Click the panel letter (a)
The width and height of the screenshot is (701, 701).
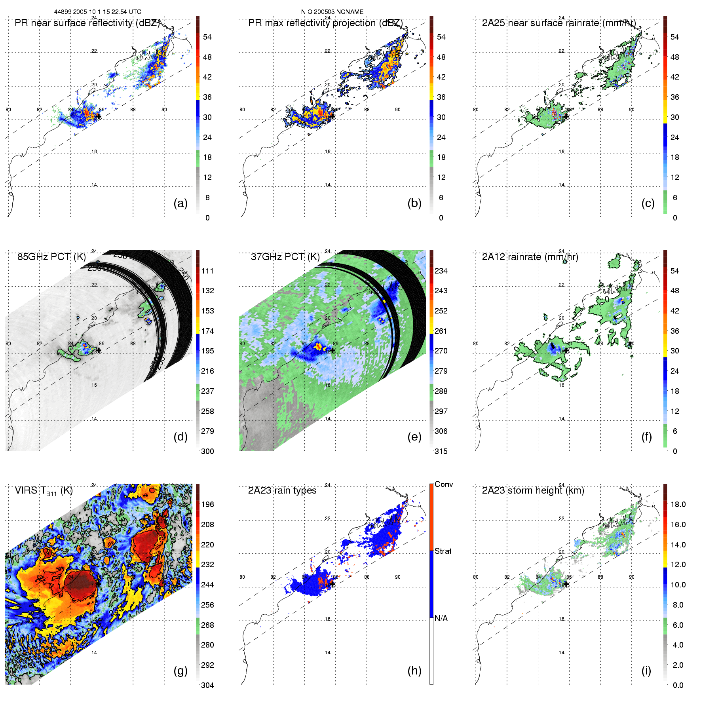coord(180,203)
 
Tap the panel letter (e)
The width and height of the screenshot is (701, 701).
coord(414,437)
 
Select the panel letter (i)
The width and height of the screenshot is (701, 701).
coord(646,671)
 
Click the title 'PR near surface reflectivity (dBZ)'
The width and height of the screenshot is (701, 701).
coord(87,23)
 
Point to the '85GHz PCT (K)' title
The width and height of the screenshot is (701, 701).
coord(51,257)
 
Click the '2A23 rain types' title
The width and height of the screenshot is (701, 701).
coord(282,490)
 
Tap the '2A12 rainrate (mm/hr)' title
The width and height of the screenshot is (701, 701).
coord(530,257)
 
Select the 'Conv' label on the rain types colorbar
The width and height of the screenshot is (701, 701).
coord(444,484)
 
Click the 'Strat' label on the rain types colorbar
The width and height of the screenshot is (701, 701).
coord(443,551)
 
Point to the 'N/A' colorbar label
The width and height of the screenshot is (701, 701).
coord(441,618)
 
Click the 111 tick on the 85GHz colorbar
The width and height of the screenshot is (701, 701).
coord(207,271)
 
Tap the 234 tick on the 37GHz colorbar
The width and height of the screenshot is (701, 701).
coord(441,271)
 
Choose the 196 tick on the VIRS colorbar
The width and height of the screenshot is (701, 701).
coord(207,504)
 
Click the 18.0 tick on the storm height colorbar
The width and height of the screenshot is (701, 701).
coord(678,504)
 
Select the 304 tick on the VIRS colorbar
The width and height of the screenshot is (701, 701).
coord(207,685)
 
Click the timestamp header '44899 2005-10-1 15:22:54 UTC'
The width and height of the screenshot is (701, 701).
coord(98,12)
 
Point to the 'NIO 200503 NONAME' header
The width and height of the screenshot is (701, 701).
coord(332,12)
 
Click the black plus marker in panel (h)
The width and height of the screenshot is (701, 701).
coord(332,584)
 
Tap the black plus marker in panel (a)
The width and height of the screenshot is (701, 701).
coord(99,117)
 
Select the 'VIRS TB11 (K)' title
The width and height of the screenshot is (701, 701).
coord(44,491)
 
